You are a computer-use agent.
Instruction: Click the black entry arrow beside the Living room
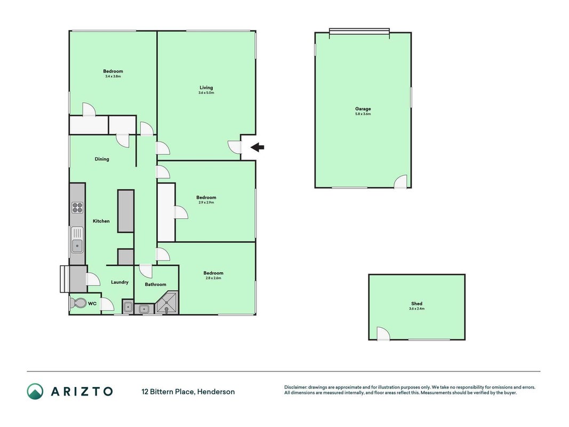tap(257, 147)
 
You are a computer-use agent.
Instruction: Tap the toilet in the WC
tap(78, 303)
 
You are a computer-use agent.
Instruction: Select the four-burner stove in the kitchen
tap(77, 208)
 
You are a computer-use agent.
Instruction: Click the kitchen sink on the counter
tap(77, 240)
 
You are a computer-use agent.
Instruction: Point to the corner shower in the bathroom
tap(167, 302)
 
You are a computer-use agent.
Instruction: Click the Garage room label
tap(363, 108)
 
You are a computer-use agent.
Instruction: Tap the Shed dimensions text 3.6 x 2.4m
tap(416, 309)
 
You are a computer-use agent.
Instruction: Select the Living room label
tap(206, 88)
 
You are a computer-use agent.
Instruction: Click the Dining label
tap(102, 159)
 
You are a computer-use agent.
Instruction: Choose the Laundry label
tap(120, 282)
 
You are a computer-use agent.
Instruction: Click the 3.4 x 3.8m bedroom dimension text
tap(113, 77)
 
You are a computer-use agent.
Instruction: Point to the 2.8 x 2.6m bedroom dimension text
tap(213, 278)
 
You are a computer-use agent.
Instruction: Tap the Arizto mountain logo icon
tap(35, 391)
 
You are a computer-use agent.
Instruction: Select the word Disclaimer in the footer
tap(296, 388)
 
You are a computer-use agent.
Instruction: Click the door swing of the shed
tap(383, 333)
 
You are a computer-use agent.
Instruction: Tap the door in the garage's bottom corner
tap(400, 181)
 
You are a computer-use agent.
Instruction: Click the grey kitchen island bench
tap(126, 211)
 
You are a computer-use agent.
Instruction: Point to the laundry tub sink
tap(128, 307)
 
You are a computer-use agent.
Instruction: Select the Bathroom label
tap(155, 284)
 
